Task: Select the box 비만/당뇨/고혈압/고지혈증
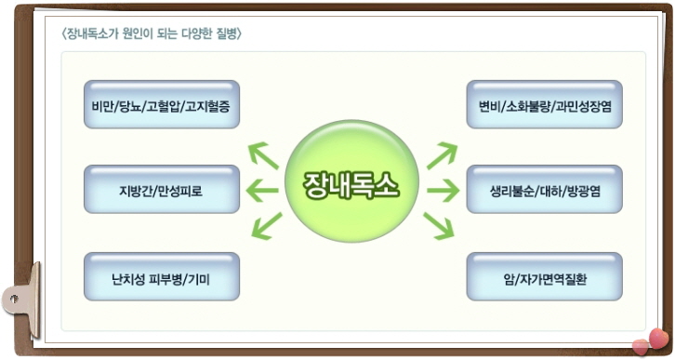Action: [x=161, y=104]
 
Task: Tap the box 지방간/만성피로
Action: [x=161, y=191]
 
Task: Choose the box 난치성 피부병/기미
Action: [x=161, y=276]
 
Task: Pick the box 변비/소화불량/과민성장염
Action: [x=544, y=104]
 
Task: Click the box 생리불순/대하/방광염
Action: [x=544, y=191]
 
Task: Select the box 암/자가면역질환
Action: [x=544, y=276]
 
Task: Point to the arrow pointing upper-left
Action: [x=262, y=154]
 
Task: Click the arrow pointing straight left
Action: [x=260, y=192]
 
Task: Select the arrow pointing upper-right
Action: [x=442, y=155]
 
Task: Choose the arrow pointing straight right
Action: [x=443, y=192]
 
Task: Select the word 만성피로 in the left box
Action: [x=179, y=192]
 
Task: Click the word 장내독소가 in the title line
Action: [x=90, y=35]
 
